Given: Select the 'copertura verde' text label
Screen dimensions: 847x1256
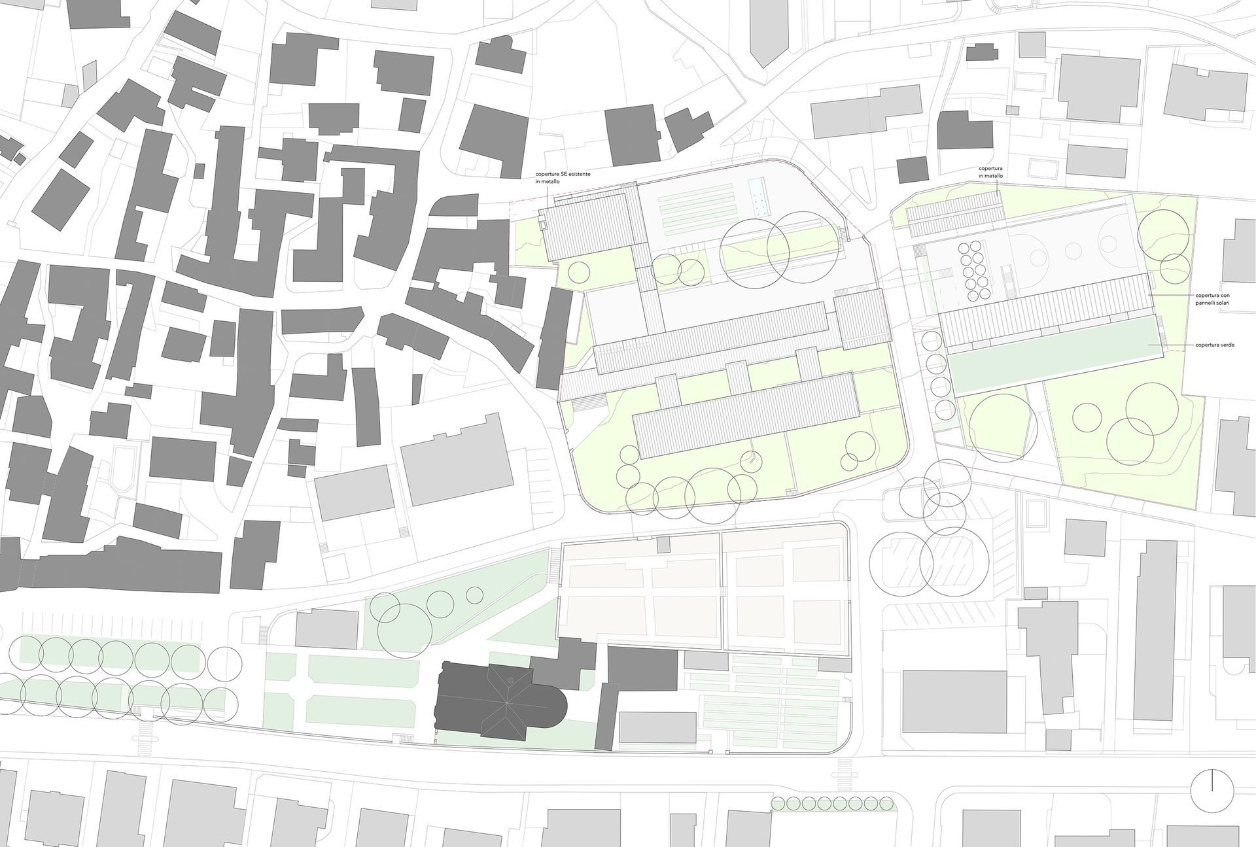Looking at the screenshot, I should coord(1215,344).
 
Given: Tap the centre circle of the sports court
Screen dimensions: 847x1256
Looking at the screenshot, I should coord(1073,249).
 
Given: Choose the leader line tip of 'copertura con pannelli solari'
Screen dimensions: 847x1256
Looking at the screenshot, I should coord(1153,296).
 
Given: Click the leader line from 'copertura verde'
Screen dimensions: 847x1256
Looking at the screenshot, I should coord(1171,344).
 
